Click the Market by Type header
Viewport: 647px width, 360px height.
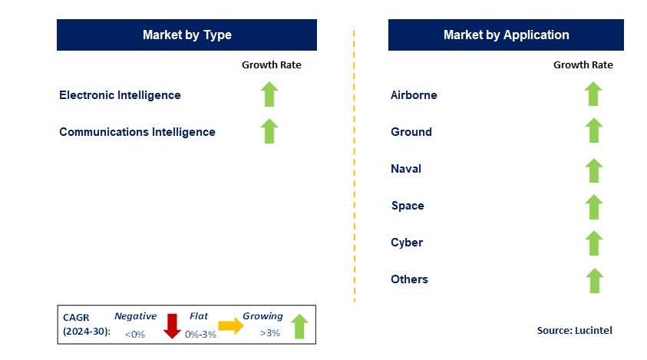click(187, 35)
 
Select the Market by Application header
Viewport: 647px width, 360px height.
click(506, 35)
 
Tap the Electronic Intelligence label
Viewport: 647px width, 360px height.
click(120, 95)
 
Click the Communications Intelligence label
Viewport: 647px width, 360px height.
click(137, 132)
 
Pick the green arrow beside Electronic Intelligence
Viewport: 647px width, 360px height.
click(269, 94)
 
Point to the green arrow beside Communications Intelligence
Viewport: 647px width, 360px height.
click(269, 130)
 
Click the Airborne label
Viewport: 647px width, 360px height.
click(414, 95)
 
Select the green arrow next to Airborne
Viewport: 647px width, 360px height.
click(593, 94)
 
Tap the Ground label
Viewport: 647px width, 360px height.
click(411, 132)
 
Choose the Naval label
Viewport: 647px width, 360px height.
click(406, 169)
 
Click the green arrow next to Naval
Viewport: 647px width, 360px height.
click(593, 170)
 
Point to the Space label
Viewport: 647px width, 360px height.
click(408, 206)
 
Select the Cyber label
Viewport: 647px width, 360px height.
click(407, 243)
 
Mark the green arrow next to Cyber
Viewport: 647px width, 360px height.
click(593, 243)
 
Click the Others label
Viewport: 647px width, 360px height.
click(409, 279)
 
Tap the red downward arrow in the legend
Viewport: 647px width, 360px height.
click(171, 325)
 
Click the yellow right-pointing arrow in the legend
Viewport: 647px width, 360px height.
click(230, 325)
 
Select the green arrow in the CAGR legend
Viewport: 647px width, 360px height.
click(299, 325)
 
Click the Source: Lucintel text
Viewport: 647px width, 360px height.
click(574, 330)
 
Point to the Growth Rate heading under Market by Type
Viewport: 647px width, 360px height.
click(272, 65)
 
